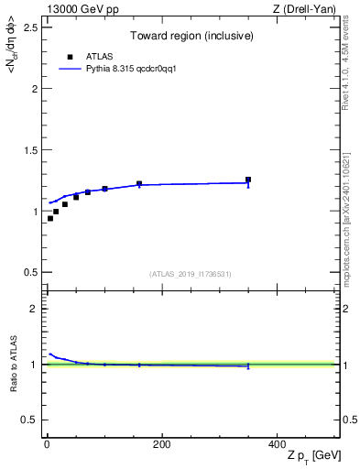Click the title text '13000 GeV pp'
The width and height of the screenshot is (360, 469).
(76, 9)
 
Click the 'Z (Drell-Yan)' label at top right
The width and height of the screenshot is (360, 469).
(306, 9)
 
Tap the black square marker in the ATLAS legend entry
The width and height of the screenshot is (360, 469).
(70, 56)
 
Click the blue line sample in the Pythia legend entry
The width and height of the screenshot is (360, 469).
(70, 69)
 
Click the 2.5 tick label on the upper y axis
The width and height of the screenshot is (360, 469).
(29, 27)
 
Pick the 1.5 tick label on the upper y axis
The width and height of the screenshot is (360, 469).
(29, 150)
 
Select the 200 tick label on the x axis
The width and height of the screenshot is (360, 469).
(161, 444)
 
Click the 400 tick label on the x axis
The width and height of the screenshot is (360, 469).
(277, 444)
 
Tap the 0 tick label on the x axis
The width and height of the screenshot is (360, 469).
(47, 444)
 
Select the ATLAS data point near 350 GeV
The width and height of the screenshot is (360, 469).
(248, 180)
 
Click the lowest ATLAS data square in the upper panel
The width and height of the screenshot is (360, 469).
(49, 218)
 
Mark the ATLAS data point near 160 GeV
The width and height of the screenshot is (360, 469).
(139, 184)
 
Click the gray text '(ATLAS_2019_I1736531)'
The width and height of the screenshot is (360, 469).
(190, 274)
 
